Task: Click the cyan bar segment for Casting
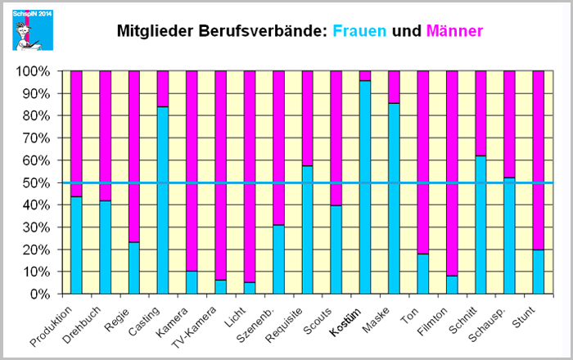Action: point(163,200)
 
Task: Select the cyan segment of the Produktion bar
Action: point(76,245)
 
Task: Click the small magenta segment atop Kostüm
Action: point(365,75)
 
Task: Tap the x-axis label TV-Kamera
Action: point(206,322)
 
